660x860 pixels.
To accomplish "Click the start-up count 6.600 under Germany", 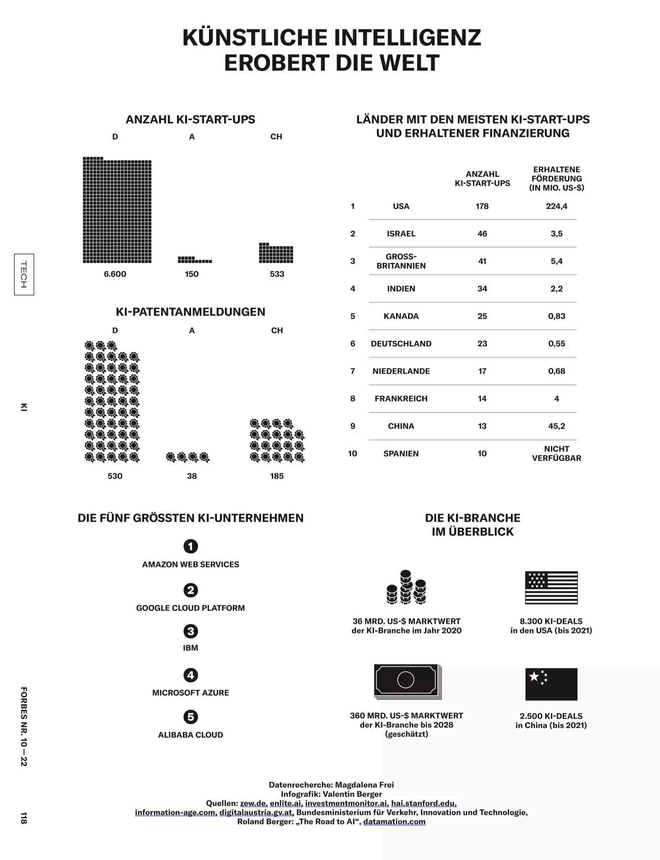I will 115,274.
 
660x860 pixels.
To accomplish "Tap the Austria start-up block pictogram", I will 194,260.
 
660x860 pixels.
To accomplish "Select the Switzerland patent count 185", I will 277,476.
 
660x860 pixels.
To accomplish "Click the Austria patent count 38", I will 192,476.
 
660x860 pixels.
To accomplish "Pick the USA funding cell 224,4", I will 557,206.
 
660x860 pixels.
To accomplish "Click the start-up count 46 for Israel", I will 482,234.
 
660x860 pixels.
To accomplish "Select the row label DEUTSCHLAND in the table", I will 401,344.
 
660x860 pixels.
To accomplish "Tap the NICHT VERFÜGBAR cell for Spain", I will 557,453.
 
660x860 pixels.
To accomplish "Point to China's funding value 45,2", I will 557,426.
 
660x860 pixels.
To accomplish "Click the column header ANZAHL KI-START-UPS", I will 482,179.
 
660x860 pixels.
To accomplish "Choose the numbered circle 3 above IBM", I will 191,631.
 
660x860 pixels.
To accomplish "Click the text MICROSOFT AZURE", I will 191,693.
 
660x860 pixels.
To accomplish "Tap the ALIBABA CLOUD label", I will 191,735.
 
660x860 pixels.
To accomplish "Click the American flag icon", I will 551,588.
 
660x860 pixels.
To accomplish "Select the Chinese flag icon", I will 551,684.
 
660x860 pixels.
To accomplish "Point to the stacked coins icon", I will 406,587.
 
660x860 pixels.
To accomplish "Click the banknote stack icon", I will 407,681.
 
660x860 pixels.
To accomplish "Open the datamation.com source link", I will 394,821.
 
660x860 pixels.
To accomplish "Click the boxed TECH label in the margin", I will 24,274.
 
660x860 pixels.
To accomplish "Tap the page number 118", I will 24,818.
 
